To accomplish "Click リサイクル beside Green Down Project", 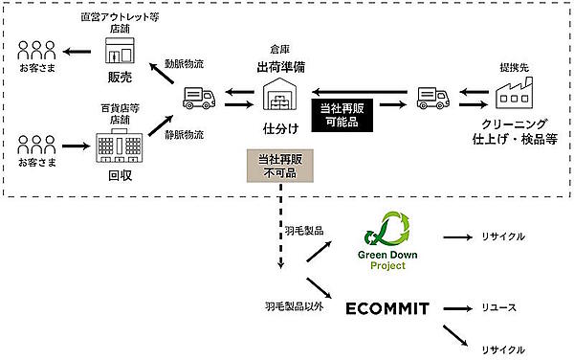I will pyautogui.click(x=504, y=236).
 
